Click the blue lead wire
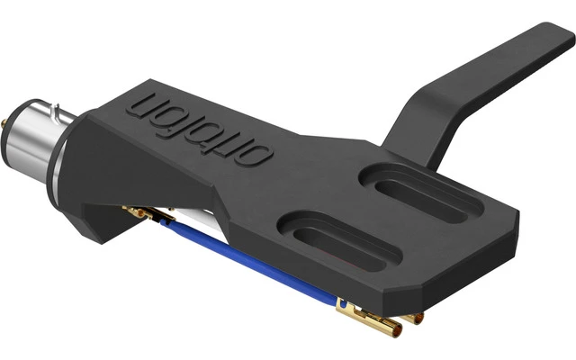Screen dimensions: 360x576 pyautogui.click(x=261, y=263)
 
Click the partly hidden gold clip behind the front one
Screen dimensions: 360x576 pyautogui.click(x=409, y=316)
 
